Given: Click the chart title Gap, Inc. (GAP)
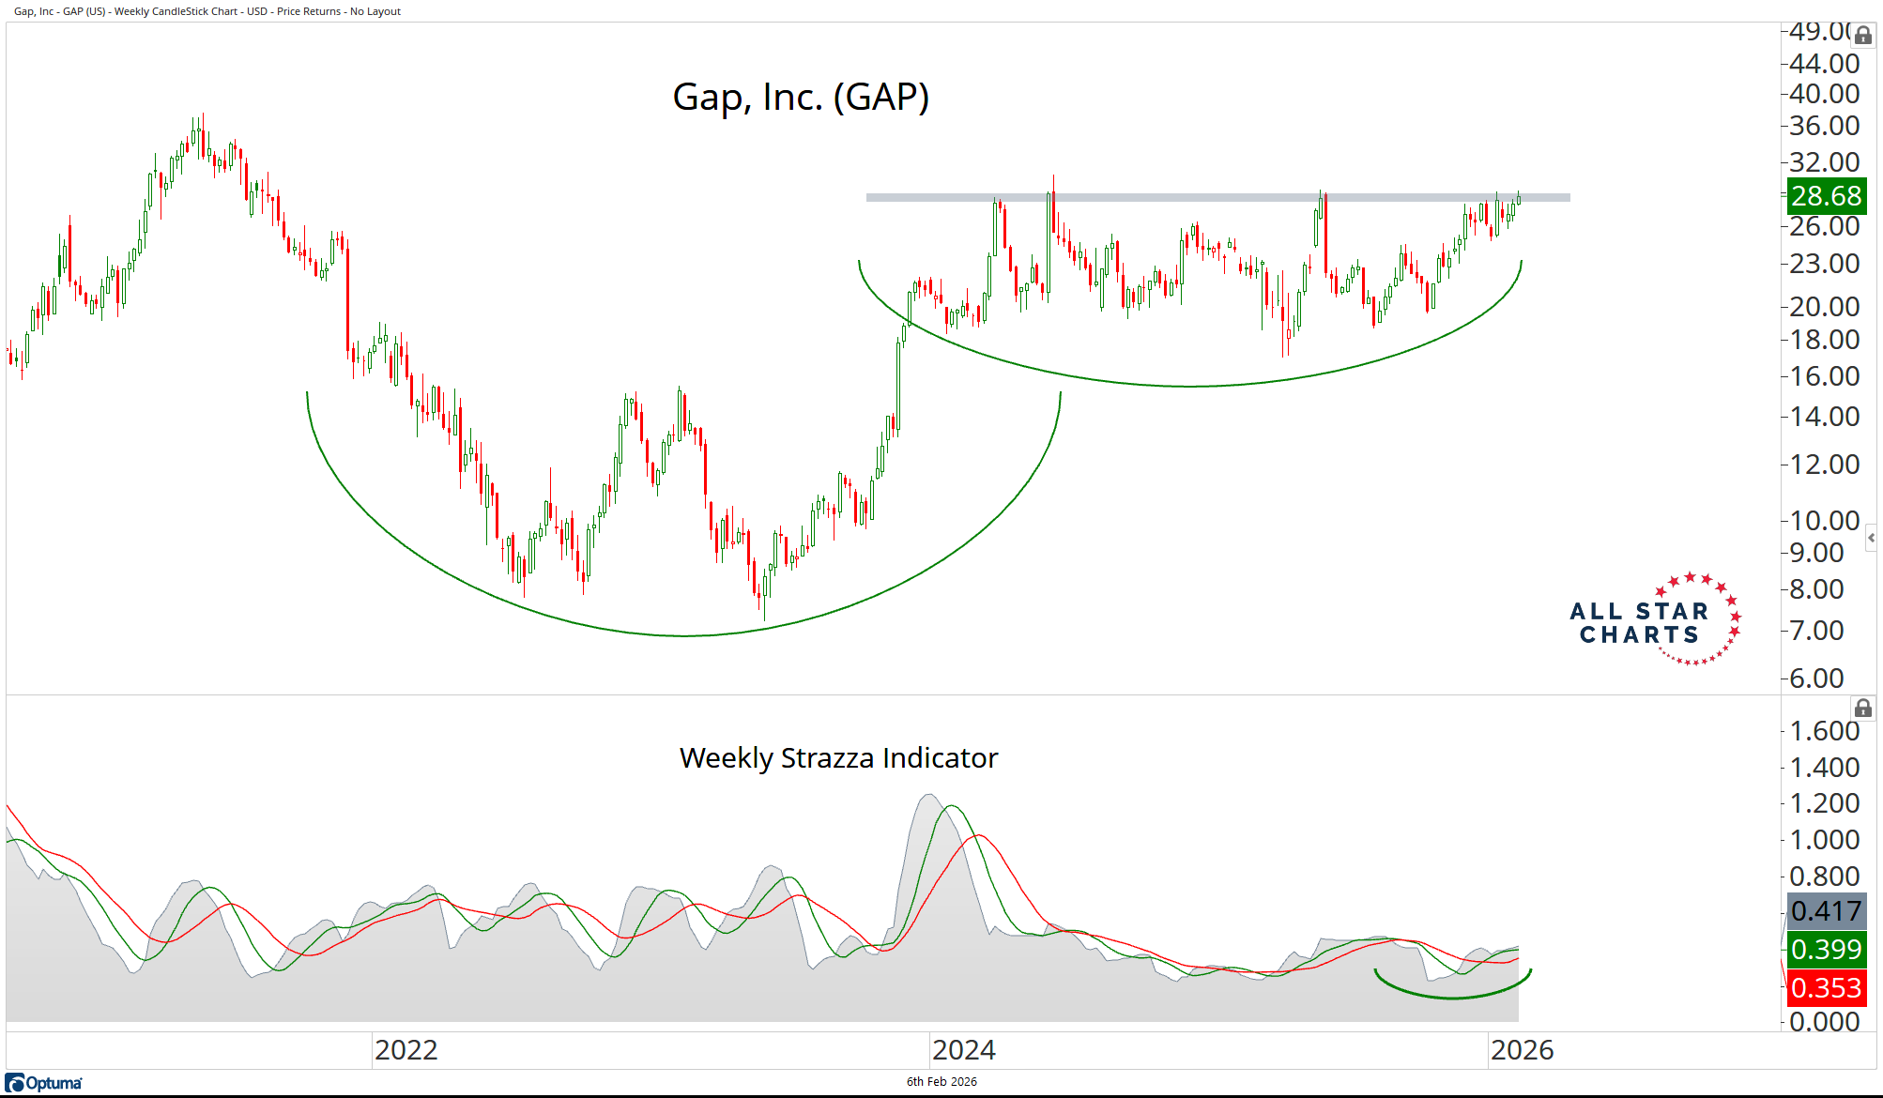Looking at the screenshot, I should tap(801, 98).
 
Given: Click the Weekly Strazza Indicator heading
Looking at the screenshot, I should tap(838, 757).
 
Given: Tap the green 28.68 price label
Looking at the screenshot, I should tap(1826, 196).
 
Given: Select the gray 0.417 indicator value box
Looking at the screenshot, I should tap(1826, 910).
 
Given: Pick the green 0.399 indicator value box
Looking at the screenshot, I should tap(1826, 949).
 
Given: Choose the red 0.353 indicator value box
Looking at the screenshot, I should tap(1826, 987).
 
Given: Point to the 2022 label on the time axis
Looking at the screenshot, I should tap(406, 1050).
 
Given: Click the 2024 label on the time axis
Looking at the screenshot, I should tap(964, 1050).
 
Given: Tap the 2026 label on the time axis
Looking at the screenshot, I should tap(1522, 1050).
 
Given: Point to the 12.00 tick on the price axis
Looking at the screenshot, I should tap(1824, 464).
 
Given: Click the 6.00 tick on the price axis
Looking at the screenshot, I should tap(1816, 678).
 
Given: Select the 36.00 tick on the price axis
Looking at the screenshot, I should tap(1824, 125).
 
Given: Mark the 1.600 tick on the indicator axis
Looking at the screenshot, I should tap(1824, 730).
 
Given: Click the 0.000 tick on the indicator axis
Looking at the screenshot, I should tap(1824, 1021).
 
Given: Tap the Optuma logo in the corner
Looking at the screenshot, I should tap(44, 1083).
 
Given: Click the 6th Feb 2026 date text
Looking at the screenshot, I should tap(941, 1081).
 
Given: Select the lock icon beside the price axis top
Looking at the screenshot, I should tap(1863, 36).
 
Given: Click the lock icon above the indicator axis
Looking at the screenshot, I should tap(1863, 709).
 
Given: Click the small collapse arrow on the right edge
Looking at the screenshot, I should tap(1871, 538).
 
